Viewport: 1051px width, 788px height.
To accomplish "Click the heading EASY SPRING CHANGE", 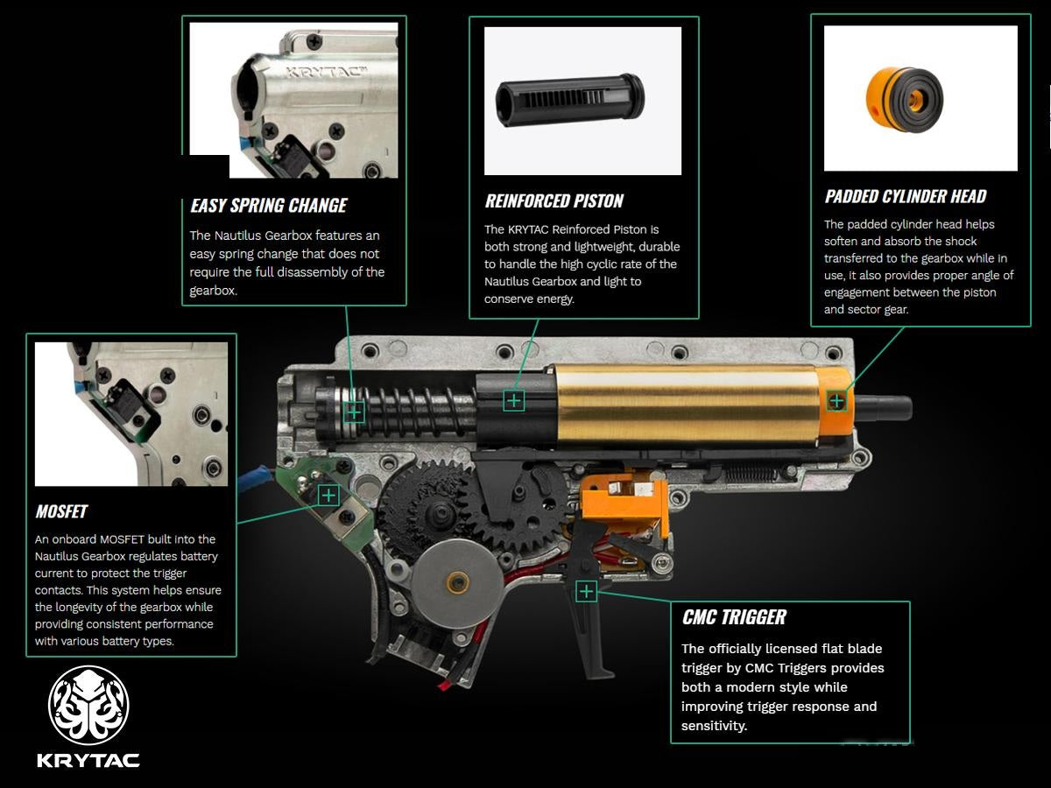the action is pos(269,206).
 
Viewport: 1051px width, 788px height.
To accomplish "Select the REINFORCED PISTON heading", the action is pos(554,201).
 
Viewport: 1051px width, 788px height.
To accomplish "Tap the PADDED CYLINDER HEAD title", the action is pos(906,196).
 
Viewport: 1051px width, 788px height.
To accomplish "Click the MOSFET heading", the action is pos(61,511).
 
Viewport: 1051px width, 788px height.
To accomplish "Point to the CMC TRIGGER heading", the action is pos(734,617).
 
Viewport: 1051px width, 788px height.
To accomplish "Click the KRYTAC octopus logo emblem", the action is pos(88,705).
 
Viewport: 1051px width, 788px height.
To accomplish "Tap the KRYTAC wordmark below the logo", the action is pos(88,761).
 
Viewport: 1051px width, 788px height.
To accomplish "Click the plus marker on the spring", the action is pos(354,412).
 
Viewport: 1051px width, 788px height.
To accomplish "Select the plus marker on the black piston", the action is pos(514,400).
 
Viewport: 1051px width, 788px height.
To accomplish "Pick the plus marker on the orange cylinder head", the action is pos(836,401).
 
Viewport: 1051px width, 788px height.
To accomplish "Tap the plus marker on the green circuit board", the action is pos(328,496).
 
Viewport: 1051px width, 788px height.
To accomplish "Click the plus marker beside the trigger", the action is pos(586,592).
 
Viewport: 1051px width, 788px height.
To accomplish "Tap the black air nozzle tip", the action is pos(883,409).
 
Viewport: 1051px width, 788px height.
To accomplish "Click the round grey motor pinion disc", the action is pos(457,583).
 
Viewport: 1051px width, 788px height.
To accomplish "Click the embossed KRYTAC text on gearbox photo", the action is pos(327,73).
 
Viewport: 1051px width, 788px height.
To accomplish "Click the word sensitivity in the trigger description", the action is pos(714,726).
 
